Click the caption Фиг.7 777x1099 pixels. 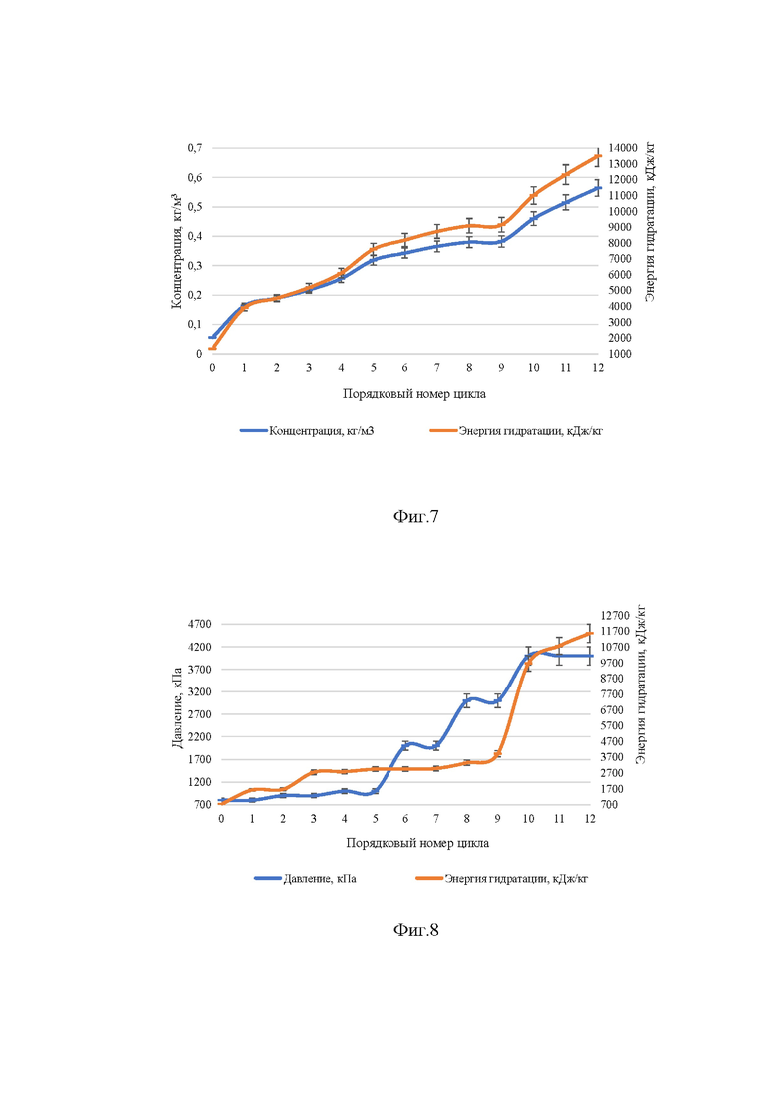click(415, 517)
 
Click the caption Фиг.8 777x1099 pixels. click(415, 930)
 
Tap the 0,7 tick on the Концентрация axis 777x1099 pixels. click(195, 147)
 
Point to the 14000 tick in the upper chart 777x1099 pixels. click(623, 147)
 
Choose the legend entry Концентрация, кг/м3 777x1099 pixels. click(307, 431)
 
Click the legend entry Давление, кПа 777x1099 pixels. click(305, 878)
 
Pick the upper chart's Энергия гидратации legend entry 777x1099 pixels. click(516, 431)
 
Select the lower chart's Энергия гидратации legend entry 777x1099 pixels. click(502, 878)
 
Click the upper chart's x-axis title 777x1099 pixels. click(414, 394)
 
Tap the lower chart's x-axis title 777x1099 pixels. click(417, 843)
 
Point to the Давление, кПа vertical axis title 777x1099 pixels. click(177, 707)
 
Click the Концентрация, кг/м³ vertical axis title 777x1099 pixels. click(176, 251)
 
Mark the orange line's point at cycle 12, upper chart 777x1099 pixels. click(598, 156)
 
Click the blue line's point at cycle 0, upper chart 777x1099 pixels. click(212, 337)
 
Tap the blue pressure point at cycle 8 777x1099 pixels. click(466, 700)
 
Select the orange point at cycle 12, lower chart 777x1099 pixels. click(590, 633)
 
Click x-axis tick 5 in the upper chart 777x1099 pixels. click(374, 368)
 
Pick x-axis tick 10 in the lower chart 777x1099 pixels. click(528, 819)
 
